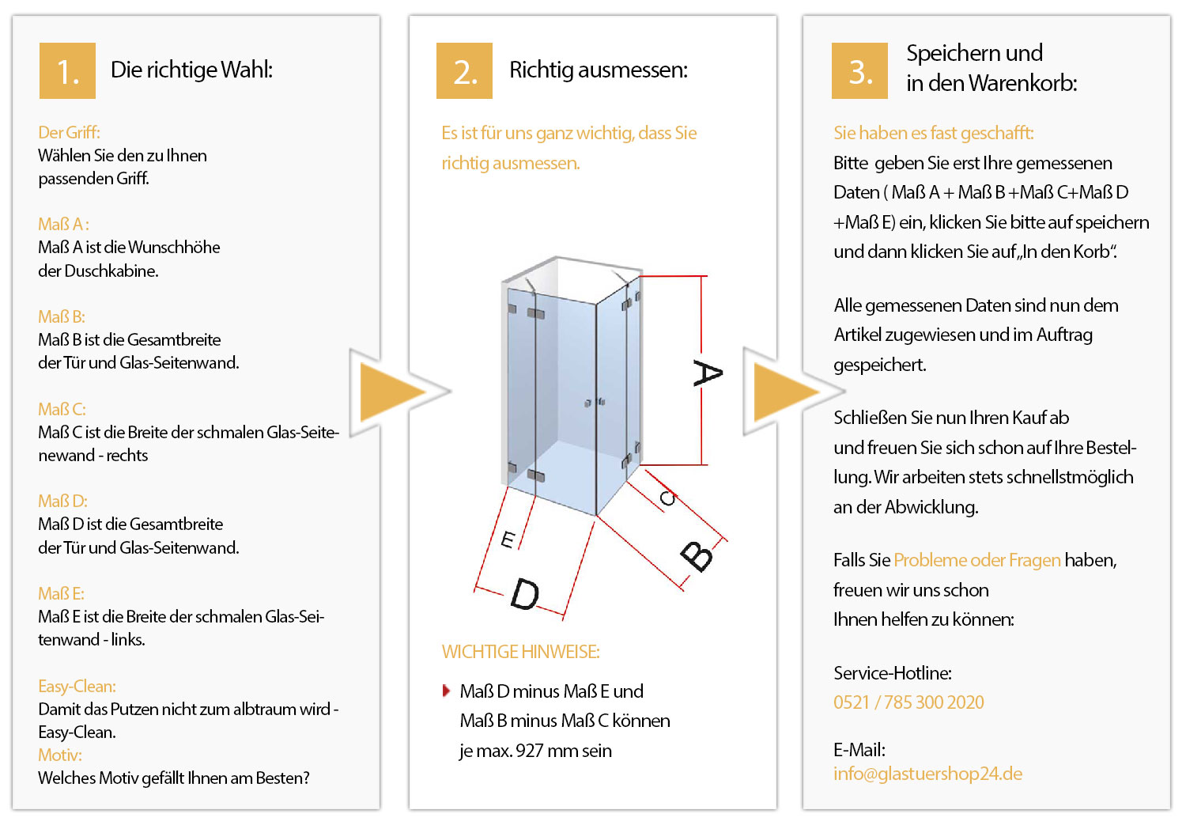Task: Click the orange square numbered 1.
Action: click(67, 70)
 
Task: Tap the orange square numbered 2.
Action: click(464, 70)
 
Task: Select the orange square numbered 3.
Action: click(859, 70)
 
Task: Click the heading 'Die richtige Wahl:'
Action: click(191, 70)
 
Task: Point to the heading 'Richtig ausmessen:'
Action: click(599, 70)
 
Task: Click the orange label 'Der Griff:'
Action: click(69, 132)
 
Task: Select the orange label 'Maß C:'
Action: click(62, 409)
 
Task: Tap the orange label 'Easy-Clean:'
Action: click(77, 686)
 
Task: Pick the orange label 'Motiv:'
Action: click(60, 755)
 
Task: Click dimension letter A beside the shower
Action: click(708, 373)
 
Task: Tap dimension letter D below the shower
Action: click(525, 594)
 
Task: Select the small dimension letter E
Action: click(508, 539)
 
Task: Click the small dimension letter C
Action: click(667, 498)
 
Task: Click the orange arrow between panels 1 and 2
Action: click(392, 392)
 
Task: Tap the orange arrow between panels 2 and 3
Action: click(786, 392)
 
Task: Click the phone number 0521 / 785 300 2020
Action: click(908, 702)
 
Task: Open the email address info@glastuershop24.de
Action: click(927, 774)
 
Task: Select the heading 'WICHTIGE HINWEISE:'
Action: click(520, 652)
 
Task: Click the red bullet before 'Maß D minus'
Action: click(446, 691)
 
